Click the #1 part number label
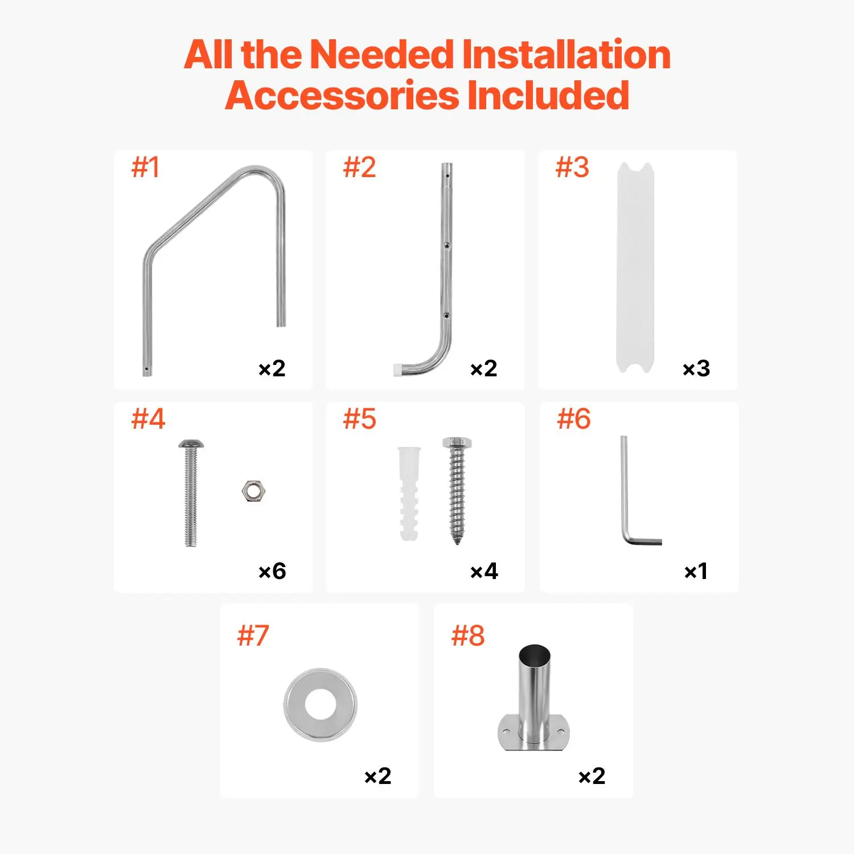(x=145, y=167)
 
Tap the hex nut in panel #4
(x=254, y=491)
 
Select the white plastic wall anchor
(x=409, y=493)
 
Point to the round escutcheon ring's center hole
(x=321, y=704)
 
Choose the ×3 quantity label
(x=696, y=368)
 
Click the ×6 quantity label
(x=272, y=571)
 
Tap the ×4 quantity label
(x=484, y=571)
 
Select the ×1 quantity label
(x=696, y=571)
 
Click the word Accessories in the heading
(x=342, y=95)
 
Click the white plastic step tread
(x=635, y=268)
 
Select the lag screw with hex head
(x=457, y=491)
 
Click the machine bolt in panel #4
(x=191, y=493)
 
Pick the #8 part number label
(x=468, y=635)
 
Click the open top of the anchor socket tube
(x=535, y=653)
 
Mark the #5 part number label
(x=360, y=419)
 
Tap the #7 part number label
(x=253, y=635)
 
